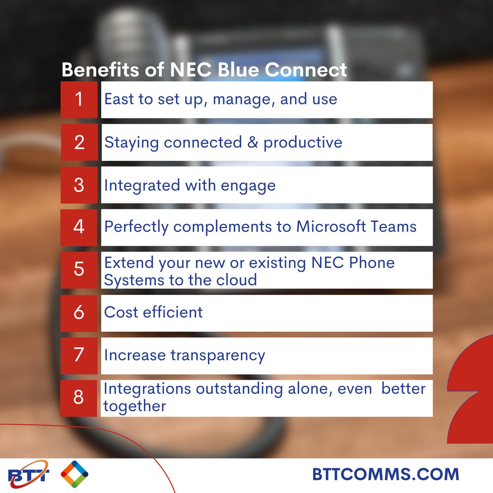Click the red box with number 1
[x=79, y=99]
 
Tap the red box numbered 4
[x=79, y=227]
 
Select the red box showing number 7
[x=79, y=355]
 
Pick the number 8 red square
[x=78, y=398]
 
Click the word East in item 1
[x=119, y=99]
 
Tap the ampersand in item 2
[x=253, y=142]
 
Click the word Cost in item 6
[x=121, y=312]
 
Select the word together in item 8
[x=135, y=406]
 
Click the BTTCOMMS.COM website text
[x=385, y=474]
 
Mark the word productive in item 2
[x=303, y=143]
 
